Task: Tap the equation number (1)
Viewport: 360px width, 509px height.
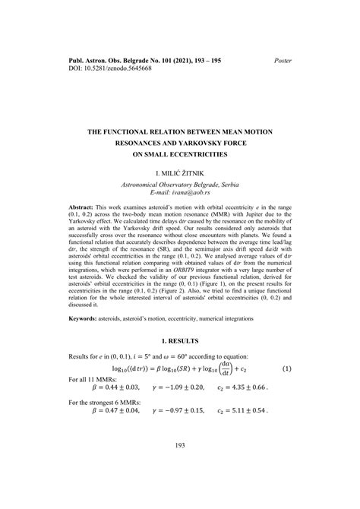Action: [286, 390]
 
